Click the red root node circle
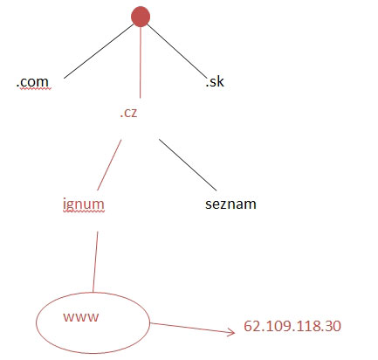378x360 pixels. click(x=141, y=17)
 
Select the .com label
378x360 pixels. click(x=32, y=82)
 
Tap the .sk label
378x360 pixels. click(x=215, y=81)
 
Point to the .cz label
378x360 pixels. click(x=128, y=113)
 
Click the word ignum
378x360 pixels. click(x=84, y=204)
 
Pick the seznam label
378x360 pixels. click(x=230, y=204)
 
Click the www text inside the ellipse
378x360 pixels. click(x=81, y=317)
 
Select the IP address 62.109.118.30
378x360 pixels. click(x=292, y=326)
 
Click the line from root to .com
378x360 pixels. click(x=99, y=52)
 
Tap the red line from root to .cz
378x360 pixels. click(x=141, y=62)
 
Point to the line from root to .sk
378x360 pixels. click(x=177, y=52)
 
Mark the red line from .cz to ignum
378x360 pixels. click(x=109, y=165)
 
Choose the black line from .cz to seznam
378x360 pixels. click(x=188, y=165)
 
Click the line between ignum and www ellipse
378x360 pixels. click(x=95, y=261)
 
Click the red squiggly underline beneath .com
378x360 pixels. click(x=34, y=89)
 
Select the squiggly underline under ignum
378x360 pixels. click(x=84, y=211)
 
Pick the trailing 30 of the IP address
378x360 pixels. click(x=333, y=326)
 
